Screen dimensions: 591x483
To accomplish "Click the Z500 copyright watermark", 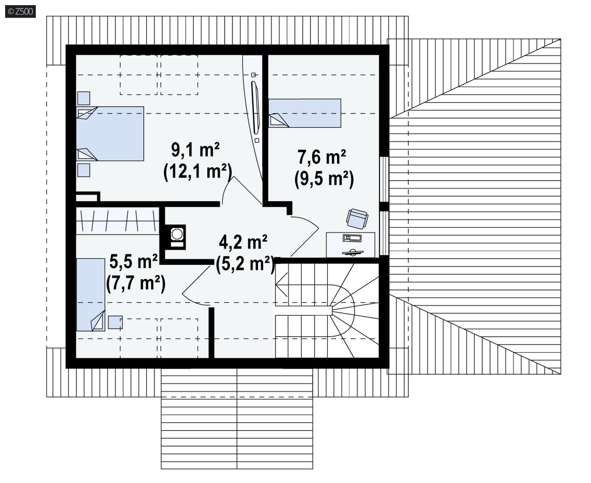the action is tap(21, 11).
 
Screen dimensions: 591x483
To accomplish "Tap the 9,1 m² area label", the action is tap(195, 150).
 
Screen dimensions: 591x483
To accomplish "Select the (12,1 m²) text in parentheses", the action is tap(197, 172).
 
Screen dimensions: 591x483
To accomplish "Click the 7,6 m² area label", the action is tap(322, 157).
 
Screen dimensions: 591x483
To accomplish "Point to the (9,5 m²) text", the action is tap(324, 179).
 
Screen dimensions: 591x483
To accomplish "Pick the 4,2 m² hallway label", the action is tap(243, 242).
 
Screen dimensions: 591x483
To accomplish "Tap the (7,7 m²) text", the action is tap(135, 283).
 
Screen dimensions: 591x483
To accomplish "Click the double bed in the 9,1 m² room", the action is tap(110, 134).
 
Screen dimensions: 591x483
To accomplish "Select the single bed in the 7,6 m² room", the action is tap(305, 113).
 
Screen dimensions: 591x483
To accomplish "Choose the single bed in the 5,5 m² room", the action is tap(90, 295).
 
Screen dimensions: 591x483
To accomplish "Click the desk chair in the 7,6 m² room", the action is tap(357, 218).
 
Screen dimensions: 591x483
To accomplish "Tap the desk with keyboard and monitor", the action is tap(350, 245).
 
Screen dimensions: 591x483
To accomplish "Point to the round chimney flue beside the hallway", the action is tap(176, 234).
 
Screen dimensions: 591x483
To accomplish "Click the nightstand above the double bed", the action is tap(84, 98).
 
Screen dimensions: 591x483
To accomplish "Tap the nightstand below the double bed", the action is tap(84, 170).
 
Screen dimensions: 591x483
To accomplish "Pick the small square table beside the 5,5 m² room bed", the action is tap(115, 322).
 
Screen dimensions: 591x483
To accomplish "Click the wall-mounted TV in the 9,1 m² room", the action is tap(255, 107).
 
